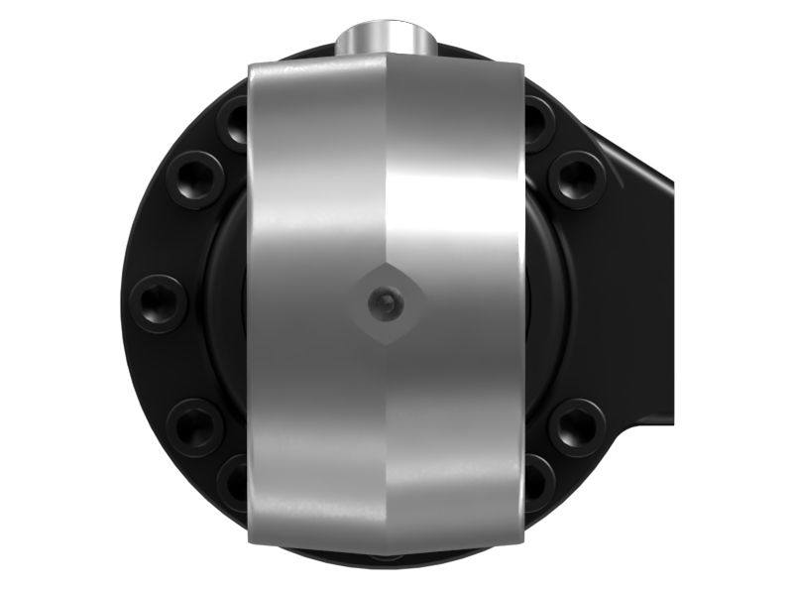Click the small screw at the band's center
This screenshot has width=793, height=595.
[x=385, y=304]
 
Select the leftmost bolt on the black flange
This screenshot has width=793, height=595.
[x=159, y=302]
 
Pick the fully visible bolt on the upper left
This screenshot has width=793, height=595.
[x=194, y=178]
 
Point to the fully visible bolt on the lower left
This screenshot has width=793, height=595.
[x=194, y=426]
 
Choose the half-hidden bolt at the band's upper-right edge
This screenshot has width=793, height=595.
[x=535, y=123]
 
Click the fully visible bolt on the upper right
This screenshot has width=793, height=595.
[x=577, y=178]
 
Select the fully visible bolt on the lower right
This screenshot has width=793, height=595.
[x=577, y=426]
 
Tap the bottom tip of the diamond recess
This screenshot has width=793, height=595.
[x=385, y=344]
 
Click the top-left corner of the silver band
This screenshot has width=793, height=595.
[x=250, y=65]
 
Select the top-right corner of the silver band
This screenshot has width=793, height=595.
[x=522, y=65]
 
